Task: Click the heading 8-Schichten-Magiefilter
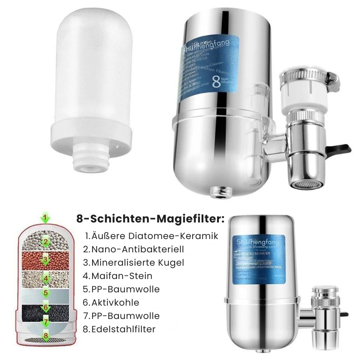pos(150,219)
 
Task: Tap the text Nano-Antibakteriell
pos(134,249)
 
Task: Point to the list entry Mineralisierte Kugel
pos(134,262)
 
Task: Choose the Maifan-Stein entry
pos(117,276)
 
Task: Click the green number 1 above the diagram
pos(45,218)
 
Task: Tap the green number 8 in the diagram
pos(45,336)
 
